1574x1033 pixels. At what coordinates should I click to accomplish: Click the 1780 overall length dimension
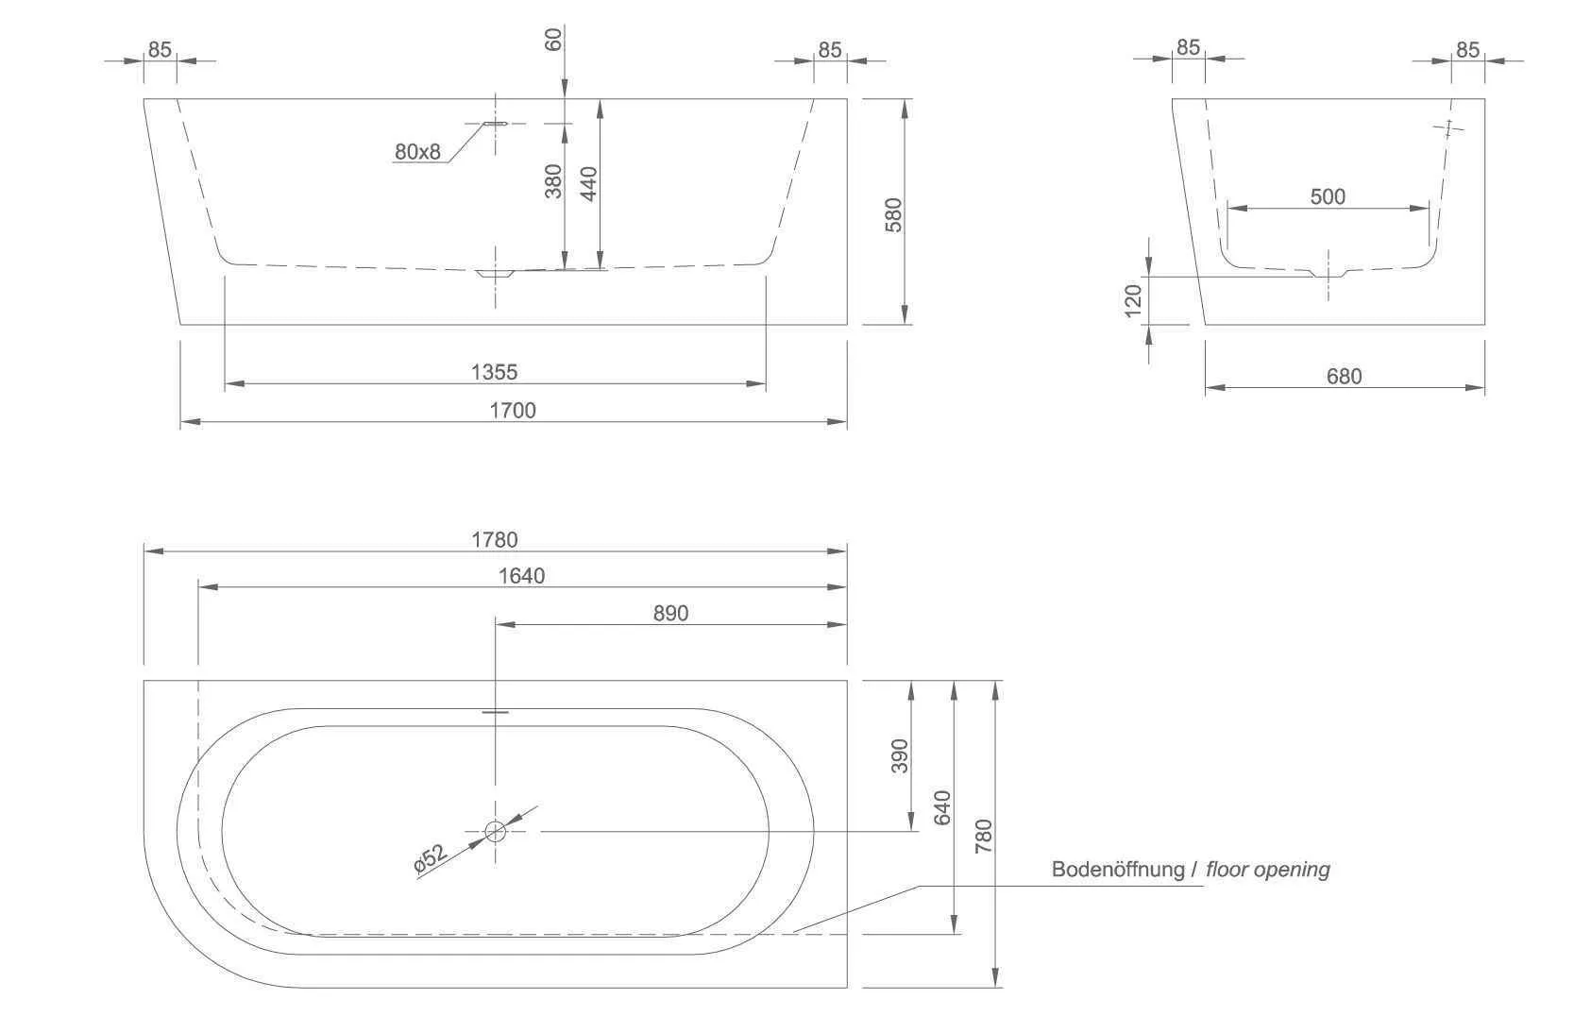coord(495,540)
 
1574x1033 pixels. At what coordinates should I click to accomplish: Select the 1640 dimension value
coord(521,576)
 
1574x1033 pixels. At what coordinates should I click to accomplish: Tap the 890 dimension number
coord(670,614)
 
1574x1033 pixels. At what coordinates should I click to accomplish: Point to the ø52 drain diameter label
coord(430,858)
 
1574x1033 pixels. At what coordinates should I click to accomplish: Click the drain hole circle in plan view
coord(495,831)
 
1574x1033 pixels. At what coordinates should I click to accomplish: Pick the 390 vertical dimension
coord(899,756)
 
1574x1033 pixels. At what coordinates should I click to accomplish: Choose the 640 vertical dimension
coord(942,807)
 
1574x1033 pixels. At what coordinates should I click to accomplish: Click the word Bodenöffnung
coord(1118,870)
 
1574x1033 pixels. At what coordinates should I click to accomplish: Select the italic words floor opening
coord(1268,870)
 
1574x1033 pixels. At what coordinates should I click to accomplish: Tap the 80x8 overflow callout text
coord(417,152)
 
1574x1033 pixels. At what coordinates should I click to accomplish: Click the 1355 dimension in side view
coord(495,372)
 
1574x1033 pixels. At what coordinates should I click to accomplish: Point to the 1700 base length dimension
coord(513,410)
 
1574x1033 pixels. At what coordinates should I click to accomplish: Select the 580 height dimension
coord(893,214)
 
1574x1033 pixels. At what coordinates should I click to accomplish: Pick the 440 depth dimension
coord(589,184)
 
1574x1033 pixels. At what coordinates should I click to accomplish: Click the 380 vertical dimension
coord(553,181)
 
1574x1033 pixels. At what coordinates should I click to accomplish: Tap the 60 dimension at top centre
coord(553,39)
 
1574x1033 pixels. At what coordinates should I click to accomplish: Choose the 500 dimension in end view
coord(1328,197)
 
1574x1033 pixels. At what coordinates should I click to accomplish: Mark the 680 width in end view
coord(1344,377)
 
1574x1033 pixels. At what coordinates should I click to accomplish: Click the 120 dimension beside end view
coord(1134,299)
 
